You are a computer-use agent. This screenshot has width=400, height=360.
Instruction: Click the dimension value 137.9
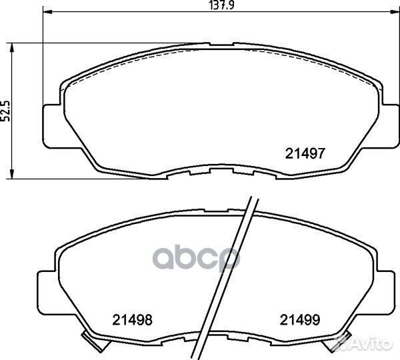[221, 5]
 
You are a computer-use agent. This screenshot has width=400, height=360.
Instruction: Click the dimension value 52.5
[5, 111]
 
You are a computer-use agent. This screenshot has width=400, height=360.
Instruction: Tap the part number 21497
[305, 153]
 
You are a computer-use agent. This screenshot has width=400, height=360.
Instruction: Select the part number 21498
[133, 320]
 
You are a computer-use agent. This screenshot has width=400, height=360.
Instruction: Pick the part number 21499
[300, 320]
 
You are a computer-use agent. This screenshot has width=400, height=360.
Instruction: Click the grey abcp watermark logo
[196, 257]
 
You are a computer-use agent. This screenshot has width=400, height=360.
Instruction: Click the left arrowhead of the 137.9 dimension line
[47, 12]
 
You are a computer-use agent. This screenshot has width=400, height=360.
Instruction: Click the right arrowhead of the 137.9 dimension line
[395, 12]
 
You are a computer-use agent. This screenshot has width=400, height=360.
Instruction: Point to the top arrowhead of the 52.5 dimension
[11, 48]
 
